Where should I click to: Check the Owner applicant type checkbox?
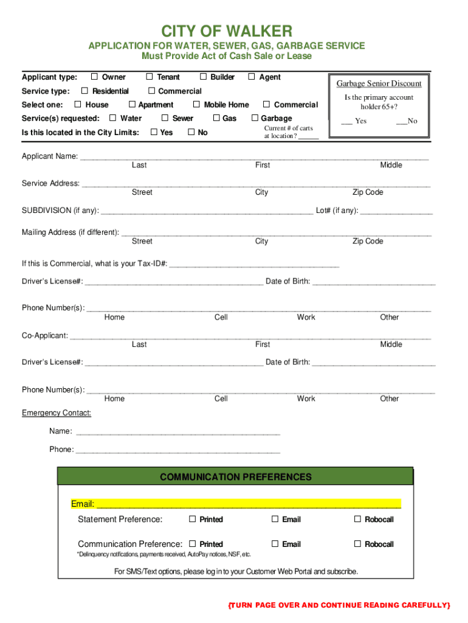94,77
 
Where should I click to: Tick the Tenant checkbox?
149,77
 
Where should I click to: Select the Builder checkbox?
203,77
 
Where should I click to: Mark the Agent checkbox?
251,77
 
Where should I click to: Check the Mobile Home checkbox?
196,105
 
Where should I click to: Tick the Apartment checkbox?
131,105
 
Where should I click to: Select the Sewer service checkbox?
165,118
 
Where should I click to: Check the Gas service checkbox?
216,118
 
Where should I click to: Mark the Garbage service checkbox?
255,118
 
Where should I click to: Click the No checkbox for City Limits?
191,132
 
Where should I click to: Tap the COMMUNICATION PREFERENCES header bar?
235,477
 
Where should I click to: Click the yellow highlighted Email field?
249,504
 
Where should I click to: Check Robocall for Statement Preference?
357,519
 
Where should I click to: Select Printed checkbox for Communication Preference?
192,544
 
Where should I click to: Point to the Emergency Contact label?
57,413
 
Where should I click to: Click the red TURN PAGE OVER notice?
339,605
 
